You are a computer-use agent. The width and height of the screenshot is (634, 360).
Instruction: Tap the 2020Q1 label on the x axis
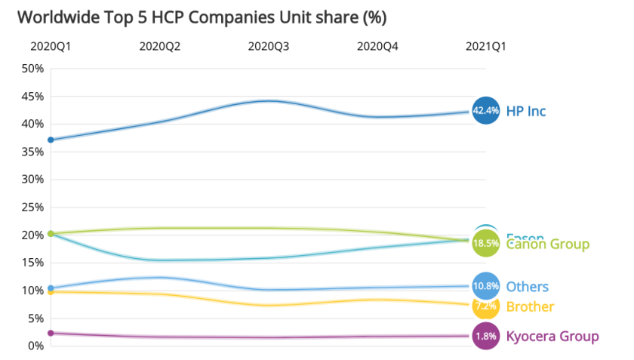pos(51,46)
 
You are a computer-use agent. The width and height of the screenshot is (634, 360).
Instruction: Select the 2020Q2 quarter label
pos(159,46)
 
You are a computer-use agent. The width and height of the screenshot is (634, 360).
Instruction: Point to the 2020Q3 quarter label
pos(269,46)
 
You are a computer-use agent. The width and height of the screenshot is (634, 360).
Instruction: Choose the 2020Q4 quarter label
pos(377,46)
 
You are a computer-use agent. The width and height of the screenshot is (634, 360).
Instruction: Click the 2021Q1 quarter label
pos(485,46)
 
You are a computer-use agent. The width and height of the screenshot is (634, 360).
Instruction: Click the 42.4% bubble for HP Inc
pos(485,111)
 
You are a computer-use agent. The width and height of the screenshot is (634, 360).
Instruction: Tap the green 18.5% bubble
pos(485,244)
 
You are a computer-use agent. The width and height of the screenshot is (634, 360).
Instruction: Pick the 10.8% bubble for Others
pos(485,286)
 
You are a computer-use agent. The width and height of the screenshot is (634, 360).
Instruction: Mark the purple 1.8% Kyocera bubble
pos(485,336)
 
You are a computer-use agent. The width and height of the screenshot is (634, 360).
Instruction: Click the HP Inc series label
pos(526,111)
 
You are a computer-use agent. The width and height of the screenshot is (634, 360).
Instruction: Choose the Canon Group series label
pos(548,245)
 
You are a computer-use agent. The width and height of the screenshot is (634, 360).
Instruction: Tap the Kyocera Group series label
pos(552,336)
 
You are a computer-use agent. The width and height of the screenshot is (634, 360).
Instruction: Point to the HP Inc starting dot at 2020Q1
pos(51,140)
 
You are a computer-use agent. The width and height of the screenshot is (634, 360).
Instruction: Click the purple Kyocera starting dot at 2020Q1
pos(51,333)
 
